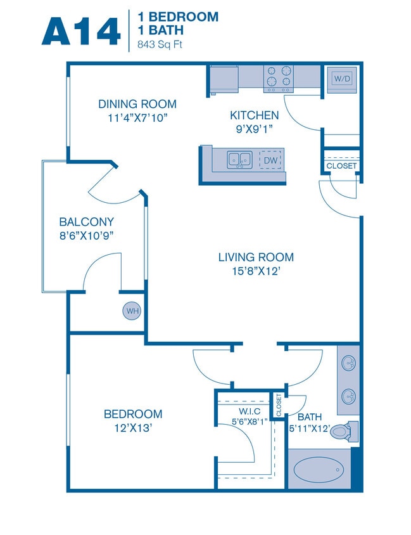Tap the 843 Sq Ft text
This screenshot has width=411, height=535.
pyautogui.click(x=161, y=45)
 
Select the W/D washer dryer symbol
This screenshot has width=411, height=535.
pyautogui.click(x=341, y=79)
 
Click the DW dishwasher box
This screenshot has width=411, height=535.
pyautogui.click(x=270, y=160)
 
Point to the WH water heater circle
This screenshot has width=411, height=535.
pyautogui.click(x=132, y=311)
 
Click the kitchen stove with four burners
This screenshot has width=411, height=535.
pyautogui.click(x=279, y=77)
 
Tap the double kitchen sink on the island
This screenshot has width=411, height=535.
pyautogui.click(x=239, y=160)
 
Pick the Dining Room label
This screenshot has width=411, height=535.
pyautogui.click(x=137, y=104)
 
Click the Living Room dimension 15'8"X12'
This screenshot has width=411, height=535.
pyautogui.click(x=256, y=271)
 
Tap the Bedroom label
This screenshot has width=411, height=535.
pyautogui.click(x=133, y=414)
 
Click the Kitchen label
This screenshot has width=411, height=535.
pyautogui.click(x=254, y=115)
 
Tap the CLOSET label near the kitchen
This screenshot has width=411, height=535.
pyautogui.click(x=341, y=166)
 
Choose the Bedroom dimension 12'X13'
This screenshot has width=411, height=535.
pyautogui.click(x=133, y=428)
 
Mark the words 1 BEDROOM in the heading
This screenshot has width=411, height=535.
pyautogui.click(x=178, y=17)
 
